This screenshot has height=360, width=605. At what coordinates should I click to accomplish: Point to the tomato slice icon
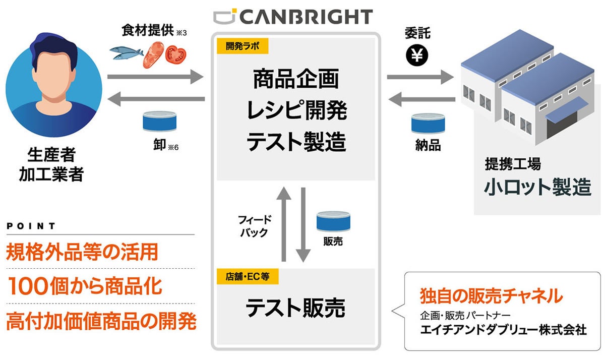(x=176, y=54)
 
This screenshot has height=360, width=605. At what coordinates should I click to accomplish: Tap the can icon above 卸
(x=158, y=122)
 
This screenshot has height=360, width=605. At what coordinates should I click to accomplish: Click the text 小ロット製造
(x=537, y=187)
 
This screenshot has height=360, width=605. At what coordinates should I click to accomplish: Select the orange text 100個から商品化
(x=85, y=286)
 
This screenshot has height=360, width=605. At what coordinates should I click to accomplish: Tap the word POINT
(x=31, y=226)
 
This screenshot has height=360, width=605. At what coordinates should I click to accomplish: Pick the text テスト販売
(x=295, y=307)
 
